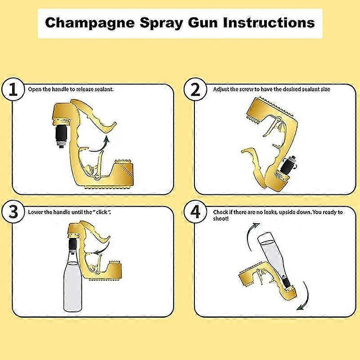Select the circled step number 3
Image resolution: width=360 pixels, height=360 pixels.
click(x=13, y=211)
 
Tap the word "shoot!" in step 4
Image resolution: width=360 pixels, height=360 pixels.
click(x=221, y=218)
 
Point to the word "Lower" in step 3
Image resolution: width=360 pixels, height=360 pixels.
click(x=35, y=211)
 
